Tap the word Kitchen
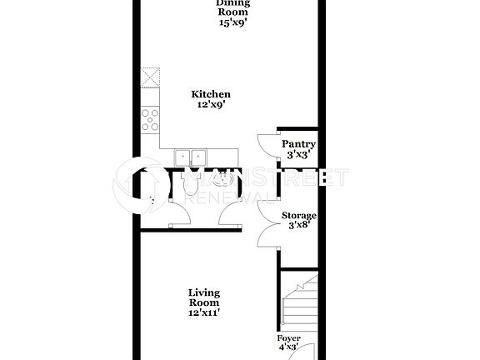click(211, 95)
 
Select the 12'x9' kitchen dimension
click(211, 106)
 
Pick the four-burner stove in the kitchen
click(151, 122)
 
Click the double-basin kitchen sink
click(191, 157)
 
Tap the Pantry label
click(297, 144)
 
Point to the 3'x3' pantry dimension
click(297, 155)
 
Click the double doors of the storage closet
click(267, 223)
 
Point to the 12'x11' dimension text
click(205, 313)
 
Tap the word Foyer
click(289, 338)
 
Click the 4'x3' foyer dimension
click(289, 348)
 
